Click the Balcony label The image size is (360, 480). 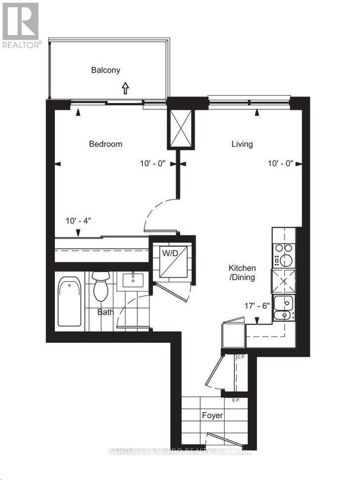(105, 70)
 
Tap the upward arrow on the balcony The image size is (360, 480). (125, 88)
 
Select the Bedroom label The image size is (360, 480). (105, 144)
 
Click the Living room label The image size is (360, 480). (242, 144)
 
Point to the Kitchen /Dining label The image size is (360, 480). (242, 273)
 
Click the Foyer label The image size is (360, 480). (212, 415)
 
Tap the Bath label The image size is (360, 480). (105, 312)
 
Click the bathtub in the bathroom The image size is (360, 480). (70, 302)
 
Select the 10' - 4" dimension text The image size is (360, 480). (79, 221)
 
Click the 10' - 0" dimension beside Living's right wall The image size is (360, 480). (280, 163)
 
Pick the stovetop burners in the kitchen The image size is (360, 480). (284, 253)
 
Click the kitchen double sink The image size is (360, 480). (284, 308)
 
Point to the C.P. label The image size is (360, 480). (242, 357)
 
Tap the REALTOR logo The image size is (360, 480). (21, 25)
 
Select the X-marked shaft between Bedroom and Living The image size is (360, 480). (181, 128)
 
